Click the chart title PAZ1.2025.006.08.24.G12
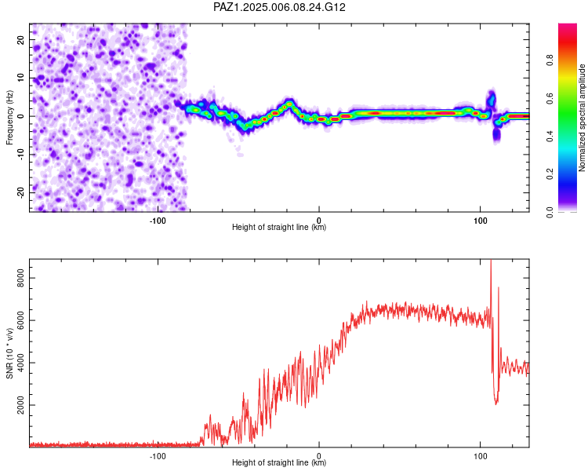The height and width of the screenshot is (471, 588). pos(279,7)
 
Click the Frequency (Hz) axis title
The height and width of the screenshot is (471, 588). pos(9,118)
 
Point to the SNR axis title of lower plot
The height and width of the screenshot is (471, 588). pos(9,353)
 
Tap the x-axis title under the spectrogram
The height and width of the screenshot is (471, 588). pos(279,227)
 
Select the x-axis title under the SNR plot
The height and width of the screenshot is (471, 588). pos(279,462)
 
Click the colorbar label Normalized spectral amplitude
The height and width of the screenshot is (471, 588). pos(582,118)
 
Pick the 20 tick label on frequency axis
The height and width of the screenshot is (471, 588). pos(21,40)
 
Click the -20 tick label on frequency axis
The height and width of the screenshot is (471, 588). pos(21,192)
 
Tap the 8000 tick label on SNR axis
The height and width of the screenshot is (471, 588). pos(20,278)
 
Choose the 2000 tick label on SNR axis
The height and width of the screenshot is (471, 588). pos(20,405)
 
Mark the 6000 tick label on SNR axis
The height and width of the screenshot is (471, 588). pos(20,320)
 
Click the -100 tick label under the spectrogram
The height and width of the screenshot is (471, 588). pos(158,221)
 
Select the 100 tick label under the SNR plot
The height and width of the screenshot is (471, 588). pos(481,456)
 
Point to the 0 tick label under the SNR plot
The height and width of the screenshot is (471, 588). pos(319,456)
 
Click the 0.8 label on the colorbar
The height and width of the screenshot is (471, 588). pos(550,60)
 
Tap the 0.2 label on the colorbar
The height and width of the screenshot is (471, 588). pos(550,174)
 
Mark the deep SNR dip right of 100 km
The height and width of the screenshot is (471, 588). pos(496,403)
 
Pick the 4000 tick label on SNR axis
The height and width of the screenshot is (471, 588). pos(20,363)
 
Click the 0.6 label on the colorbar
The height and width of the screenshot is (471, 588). pos(550,98)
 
